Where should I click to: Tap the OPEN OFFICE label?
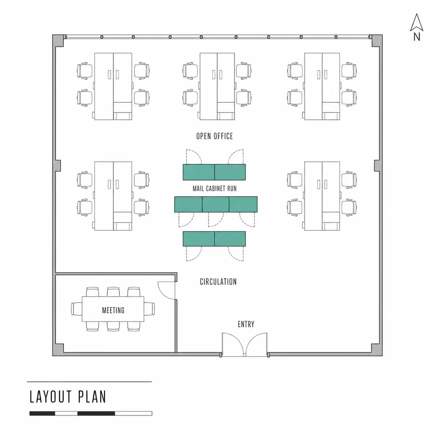click(215, 136)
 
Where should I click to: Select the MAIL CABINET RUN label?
click(215, 189)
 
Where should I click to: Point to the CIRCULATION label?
click(218, 282)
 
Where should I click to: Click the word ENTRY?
click(246, 324)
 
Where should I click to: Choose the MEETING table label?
click(113, 310)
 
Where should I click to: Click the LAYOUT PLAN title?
click(68, 397)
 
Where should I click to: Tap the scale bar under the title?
click(91, 413)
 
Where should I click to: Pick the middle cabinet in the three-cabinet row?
click(215, 204)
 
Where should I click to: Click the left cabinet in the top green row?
click(199, 172)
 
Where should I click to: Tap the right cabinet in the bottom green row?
click(230, 239)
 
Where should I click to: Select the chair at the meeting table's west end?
click(76, 309)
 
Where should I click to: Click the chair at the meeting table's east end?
click(150, 309)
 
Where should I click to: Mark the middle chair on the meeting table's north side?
click(113, 292)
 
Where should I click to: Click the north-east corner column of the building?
click(376, 41)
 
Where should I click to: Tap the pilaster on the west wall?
click(58, 165)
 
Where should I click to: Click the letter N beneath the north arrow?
click(417, 37)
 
